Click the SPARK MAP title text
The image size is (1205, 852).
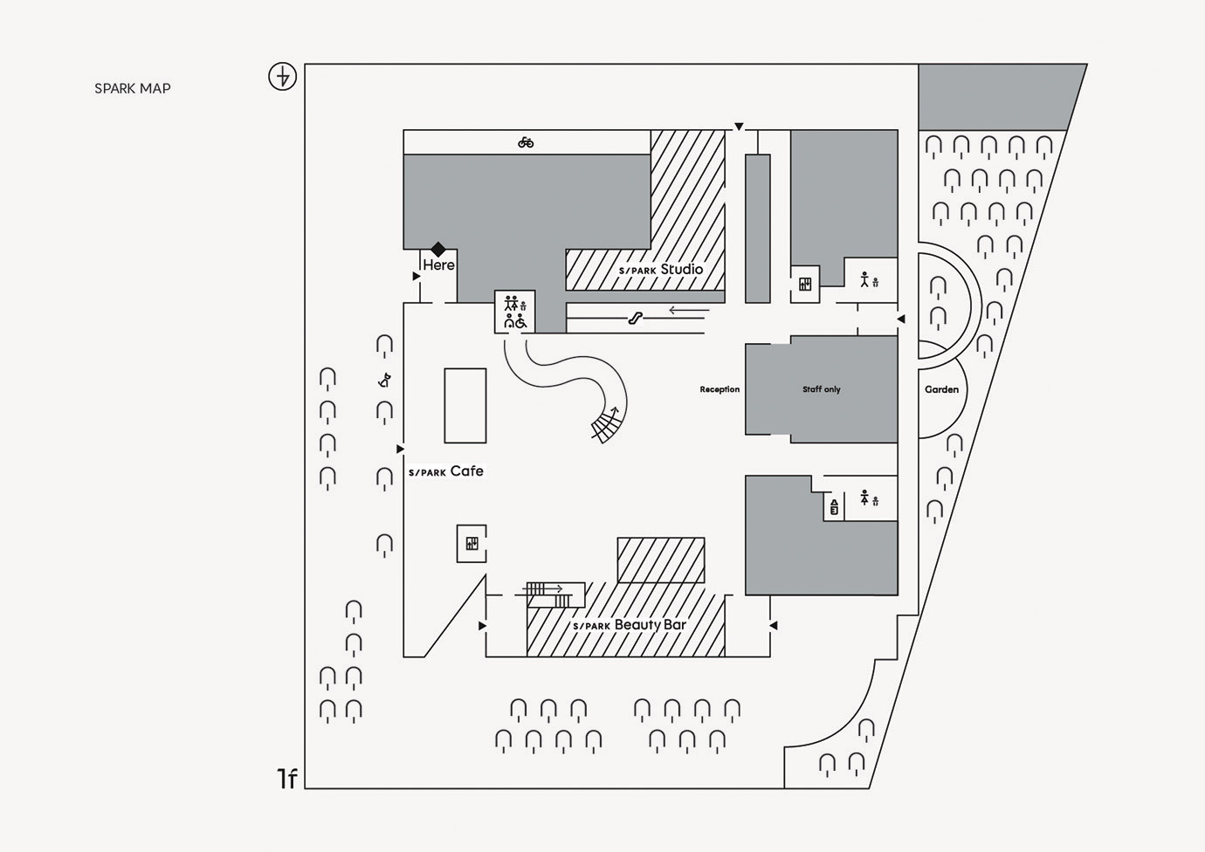(x=133, y=88)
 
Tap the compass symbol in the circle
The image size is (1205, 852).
(x=282, y=76)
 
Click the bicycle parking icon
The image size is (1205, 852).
(x=526, y=142)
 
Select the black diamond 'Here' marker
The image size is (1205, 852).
(x=437, y=249)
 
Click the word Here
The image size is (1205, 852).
(x=438, y=265)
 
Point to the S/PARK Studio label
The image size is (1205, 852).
(x=661, y=269)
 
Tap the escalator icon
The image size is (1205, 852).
(x=636, y=318)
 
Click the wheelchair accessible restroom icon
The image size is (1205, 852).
(x=520, y=321)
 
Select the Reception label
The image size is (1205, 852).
(x=720, y=388)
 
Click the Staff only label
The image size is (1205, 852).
(x=821, y=388)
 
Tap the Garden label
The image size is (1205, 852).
(x=941, y=389)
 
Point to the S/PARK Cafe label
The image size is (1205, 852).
(x=446, y=471)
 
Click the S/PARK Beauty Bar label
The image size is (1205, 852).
(x=630, y=624)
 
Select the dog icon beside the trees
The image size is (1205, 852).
(x=384, y=381)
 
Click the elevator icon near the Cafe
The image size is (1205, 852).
(x=472, y=544)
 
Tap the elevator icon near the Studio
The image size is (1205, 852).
(x=805, y=284)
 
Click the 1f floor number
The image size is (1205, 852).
(x=287, y=779)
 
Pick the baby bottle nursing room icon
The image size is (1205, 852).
(x=834, y=506)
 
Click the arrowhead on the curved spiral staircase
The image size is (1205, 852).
(x=615, y=410)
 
